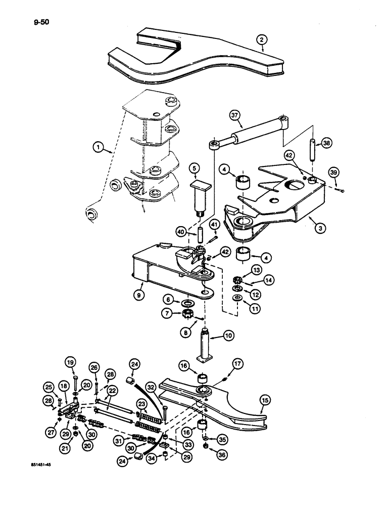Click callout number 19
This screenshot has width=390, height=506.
(70, 362)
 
